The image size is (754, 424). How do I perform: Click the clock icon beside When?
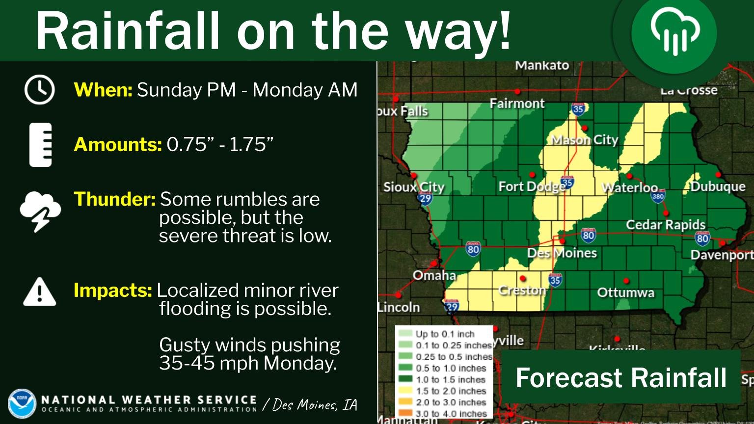(x=39, y=90)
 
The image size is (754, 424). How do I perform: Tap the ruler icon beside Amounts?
(x=40, y=145)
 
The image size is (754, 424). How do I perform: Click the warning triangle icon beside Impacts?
(x=39, y=291)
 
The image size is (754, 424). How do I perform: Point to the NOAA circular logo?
(x=22, y=403)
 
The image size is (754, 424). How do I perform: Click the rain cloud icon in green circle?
(x=674, y=34)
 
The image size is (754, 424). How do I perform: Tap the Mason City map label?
(x=584, y=140)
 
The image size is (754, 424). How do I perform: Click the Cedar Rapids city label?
(x=665, y=225)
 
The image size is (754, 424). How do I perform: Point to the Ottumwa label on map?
(x=625, y=293)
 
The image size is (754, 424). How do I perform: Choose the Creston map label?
(x=522, y=291)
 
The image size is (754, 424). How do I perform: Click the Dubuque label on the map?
(x=718, y=186)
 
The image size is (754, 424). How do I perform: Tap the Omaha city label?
(x=434, y=275)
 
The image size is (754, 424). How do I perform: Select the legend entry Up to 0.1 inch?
(x=444, y=334)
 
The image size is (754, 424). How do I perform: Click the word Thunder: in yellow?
(x=114, y=199)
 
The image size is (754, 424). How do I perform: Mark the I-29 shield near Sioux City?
(x=425, y=198)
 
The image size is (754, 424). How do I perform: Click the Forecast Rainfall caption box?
(x=620, y=377)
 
